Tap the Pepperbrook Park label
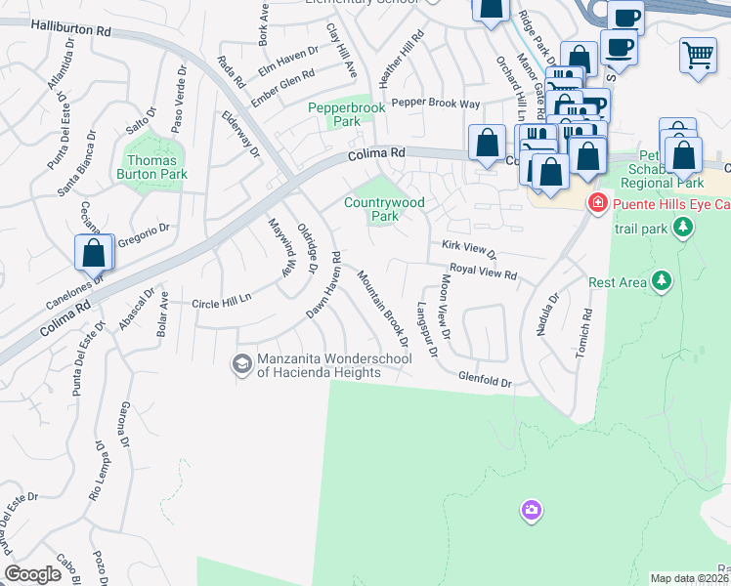[334, 114]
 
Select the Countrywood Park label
[385, 209]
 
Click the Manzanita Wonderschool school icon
[240, 364]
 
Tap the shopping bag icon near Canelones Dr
[94, 253]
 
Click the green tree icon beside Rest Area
[663, 282]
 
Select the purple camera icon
[531, 510]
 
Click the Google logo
[33, 574]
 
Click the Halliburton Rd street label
[69, 30]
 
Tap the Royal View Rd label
[482, 272]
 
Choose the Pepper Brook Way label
[436, 103]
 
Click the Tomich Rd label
[583, 333]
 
